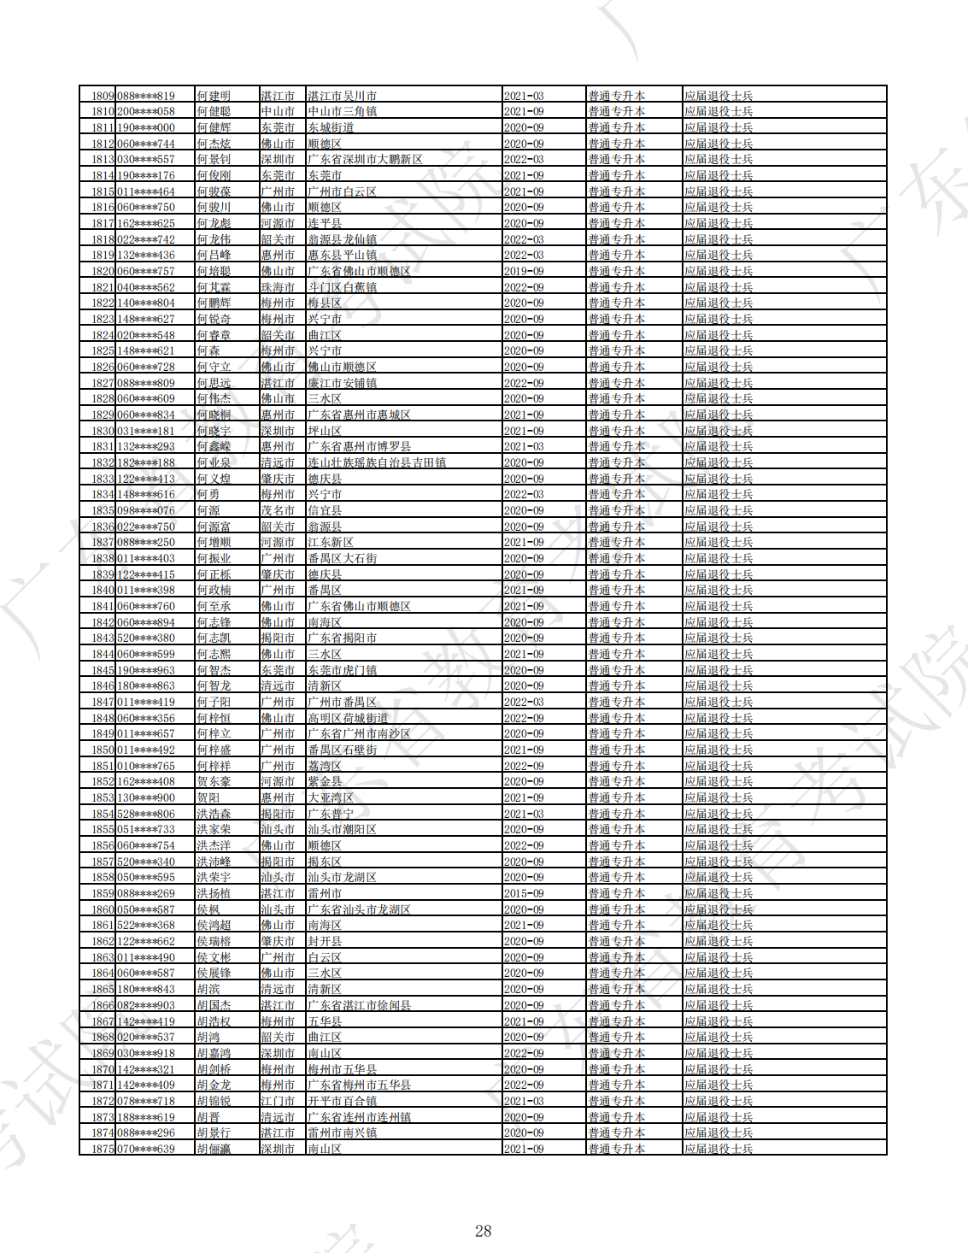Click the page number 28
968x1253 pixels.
483,1231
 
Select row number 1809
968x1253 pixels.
103,96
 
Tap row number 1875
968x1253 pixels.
103,1149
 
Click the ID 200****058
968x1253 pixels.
146,111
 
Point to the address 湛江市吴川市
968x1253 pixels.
342,96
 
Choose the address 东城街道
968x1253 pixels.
331,127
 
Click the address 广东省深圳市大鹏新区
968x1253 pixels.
365,159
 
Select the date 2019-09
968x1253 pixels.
524,271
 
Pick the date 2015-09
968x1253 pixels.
524,893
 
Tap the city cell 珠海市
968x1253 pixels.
278,287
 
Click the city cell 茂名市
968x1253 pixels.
278,510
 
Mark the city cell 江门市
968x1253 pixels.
278,1101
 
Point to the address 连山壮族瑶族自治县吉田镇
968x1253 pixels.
377,462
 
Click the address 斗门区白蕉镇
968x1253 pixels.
342,287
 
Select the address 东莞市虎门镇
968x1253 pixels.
342,670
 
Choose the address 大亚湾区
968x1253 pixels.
331,797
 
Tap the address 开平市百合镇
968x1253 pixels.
342,1101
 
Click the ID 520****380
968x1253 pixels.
146,638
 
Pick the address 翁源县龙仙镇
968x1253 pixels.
342,239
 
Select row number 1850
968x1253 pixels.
103,750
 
